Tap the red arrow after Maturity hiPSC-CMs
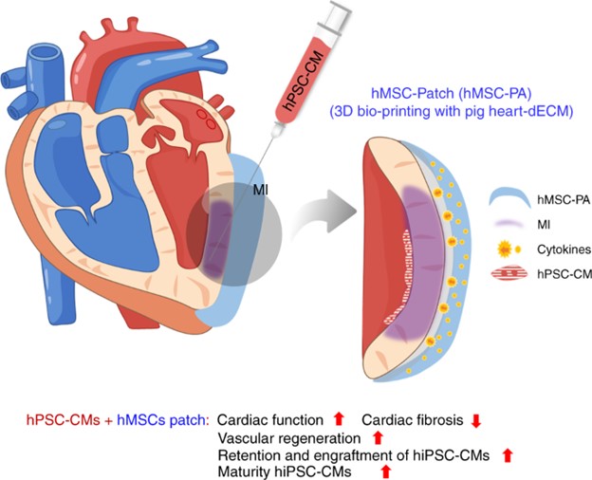[385, 471]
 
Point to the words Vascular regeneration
[289, 437]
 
